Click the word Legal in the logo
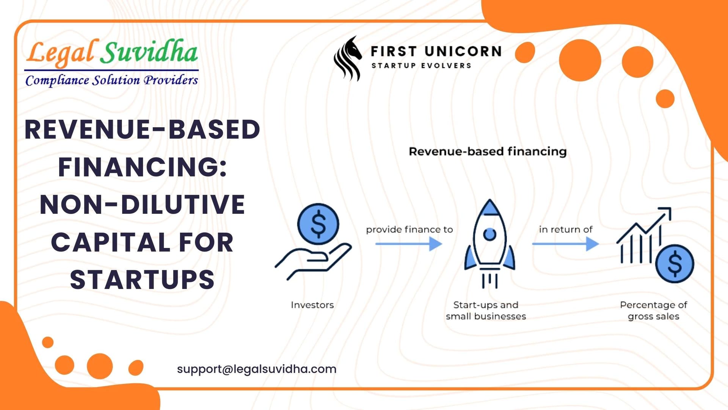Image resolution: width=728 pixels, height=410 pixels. (x=61, y=53)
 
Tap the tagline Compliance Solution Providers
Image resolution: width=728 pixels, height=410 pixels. (x=111, y=80)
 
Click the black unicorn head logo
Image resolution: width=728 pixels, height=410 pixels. (x=347, y=58)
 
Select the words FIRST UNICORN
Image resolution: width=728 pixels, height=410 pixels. (x=436, y=51)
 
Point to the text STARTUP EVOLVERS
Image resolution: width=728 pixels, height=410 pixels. (x=421, y=66)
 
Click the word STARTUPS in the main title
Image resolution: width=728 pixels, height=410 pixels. (x=142, y=280)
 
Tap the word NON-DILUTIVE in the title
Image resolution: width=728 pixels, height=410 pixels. (x=142, y=205)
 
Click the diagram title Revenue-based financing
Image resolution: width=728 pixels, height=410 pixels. (x=488, y=151)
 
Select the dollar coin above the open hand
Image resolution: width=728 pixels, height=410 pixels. (x=318, y=224)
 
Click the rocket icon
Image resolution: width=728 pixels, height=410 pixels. (x=490, y=243)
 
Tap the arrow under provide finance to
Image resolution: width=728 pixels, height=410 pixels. (x=409, y=244)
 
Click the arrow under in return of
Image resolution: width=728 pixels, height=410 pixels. (x=565, y=244)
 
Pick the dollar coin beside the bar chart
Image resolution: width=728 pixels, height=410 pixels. (x=675, y=264)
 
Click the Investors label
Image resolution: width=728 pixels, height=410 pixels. (x=312, y=305)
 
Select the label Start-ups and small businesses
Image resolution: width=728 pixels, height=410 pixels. (x=486, y=311)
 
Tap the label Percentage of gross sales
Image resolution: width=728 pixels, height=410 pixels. (x=653, y=311)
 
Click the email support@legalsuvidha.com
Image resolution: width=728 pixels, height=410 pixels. (x=257, y=369)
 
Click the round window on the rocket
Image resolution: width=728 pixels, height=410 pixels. (x=490, y=234)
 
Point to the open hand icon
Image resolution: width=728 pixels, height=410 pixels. (x=313, y=261)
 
